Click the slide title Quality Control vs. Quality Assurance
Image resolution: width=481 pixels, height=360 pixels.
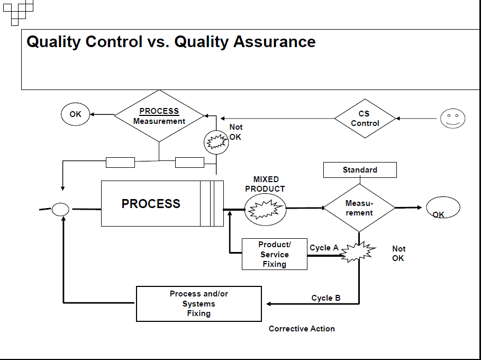pyautogui.click(x=171, y=42)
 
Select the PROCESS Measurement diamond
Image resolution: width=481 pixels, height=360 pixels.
pyautogui.click(x=159, y=116)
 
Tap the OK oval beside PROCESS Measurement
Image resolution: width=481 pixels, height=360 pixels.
pyautogui.click(x=76, y=115)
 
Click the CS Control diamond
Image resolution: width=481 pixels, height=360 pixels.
pyautogui.click(x=365, y=119)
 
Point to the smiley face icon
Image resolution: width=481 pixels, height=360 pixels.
pyautogui.click(x=452, y=119)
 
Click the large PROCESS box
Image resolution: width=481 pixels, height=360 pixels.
pyautogui.click(x=151, y=204)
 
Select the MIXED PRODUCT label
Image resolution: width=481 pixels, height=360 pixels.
pyautogui.click(x=265, y=184)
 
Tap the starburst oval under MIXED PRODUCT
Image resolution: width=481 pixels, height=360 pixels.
pyautogui.click(x=265, y=209)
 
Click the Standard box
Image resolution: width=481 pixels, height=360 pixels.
pyautogui.click(x=360, y=170)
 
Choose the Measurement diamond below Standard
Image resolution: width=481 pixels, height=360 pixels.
pyautogui.click(x=359, y=208)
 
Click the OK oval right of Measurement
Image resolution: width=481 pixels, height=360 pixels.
pyautogui.click(x=443, y=208)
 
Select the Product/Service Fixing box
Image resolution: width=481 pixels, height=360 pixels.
pyautogui.click(x=274, y=254)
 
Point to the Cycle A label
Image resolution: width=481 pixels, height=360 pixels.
pyautogui.click(x=324, y=248)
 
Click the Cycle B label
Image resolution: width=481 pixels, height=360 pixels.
pyautogui.click(x=326, y=298)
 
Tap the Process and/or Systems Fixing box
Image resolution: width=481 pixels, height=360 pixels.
pyautogui.click(x=199, y=304)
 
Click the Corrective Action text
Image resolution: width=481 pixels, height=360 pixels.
pyautogui.click(x=302, y=329)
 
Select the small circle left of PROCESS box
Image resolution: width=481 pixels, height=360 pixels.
pyautogui.click(x=60, y=210)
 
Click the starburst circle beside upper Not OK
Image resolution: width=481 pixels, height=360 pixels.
pyautogui.click(x=216, y=142)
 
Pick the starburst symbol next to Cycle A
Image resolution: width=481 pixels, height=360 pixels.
pyautogui.click(x=358, y=253)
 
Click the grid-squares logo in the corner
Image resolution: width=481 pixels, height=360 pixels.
pyautogui.click(x=18, y=11)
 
